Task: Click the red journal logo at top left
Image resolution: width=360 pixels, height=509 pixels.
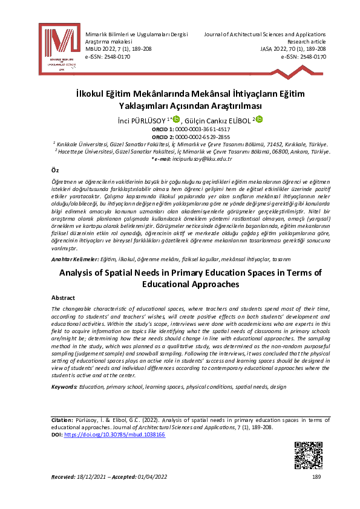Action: click(x=59, y=50)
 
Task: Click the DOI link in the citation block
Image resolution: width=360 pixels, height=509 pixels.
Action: click(x=114, y=435)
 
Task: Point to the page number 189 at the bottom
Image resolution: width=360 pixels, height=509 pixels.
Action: click(x=316, y=478)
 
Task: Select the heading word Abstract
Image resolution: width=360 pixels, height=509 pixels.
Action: click(x=63, y=298)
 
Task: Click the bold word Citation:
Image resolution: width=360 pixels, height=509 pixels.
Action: click(x=63, y=420)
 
